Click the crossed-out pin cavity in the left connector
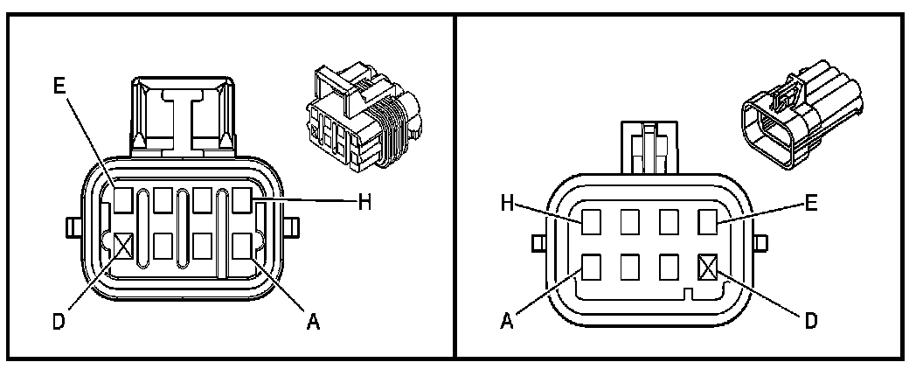tap(122, 245)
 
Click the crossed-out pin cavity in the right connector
tap(708, 263)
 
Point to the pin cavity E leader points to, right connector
tap(708, 222)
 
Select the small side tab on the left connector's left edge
tap(73, 230)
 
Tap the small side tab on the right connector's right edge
tap(762, 242)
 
